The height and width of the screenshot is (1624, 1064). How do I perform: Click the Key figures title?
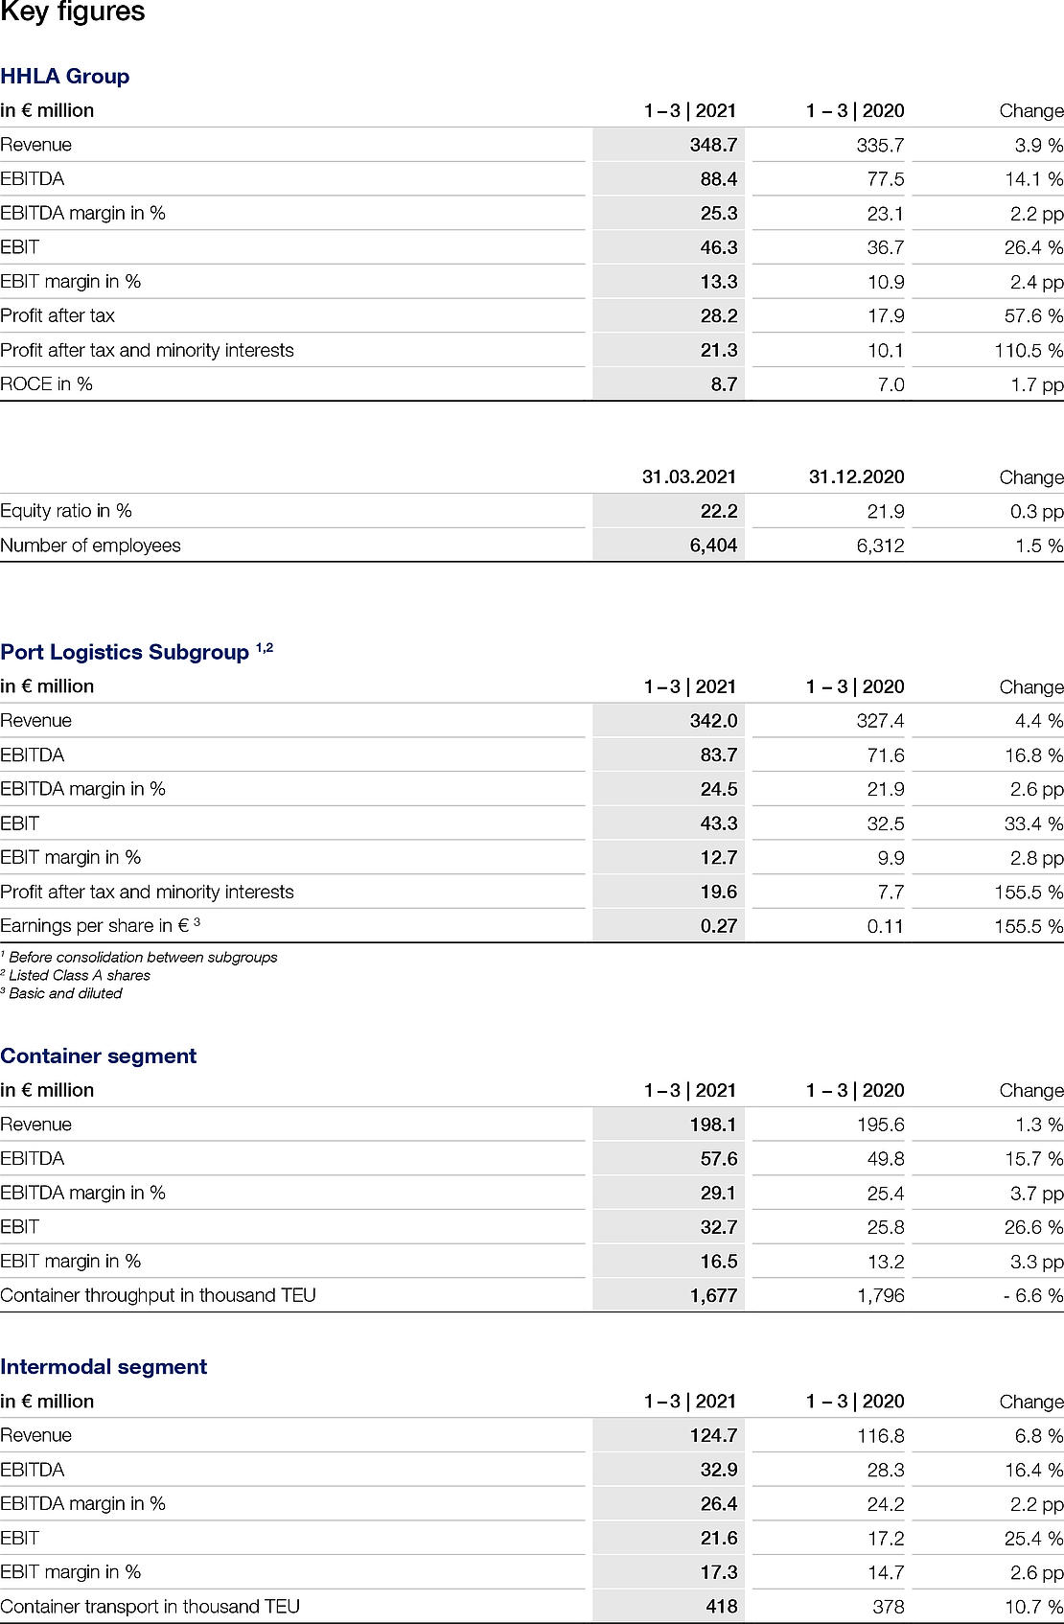tap(73, 13)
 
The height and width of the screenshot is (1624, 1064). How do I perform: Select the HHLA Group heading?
tap(65, 77)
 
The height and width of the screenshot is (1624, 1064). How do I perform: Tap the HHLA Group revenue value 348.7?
tap(713, 145)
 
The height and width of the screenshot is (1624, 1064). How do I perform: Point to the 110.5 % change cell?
tap(1029, 350)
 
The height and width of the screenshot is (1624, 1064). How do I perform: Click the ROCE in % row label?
tap(47, 383)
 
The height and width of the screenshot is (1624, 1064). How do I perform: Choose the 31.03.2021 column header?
tap(689, 476)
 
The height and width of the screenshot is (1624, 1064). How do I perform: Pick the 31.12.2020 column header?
tap(856, 476)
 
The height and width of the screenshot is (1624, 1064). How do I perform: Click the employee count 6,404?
tap(713, 545)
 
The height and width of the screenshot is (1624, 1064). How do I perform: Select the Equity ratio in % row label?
tap(66, 511)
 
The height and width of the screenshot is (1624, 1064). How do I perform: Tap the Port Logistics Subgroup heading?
tap(125, 653)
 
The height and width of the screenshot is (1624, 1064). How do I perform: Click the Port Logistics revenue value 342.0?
tap(713, 721)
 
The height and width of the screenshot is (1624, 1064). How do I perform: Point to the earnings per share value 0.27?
tap(718, 926)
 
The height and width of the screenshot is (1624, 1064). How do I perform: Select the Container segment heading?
tap(99, 1056)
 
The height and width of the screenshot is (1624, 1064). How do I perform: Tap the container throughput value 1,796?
tap(880, 1295)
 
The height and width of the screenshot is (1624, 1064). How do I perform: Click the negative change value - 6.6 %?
tap(1033, 1295)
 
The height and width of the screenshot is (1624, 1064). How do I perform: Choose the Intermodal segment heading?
tap(104, 1367)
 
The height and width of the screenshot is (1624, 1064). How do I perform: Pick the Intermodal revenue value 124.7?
tap(713, 1435)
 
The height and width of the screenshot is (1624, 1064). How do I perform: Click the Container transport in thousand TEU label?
tap(150, 1607)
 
